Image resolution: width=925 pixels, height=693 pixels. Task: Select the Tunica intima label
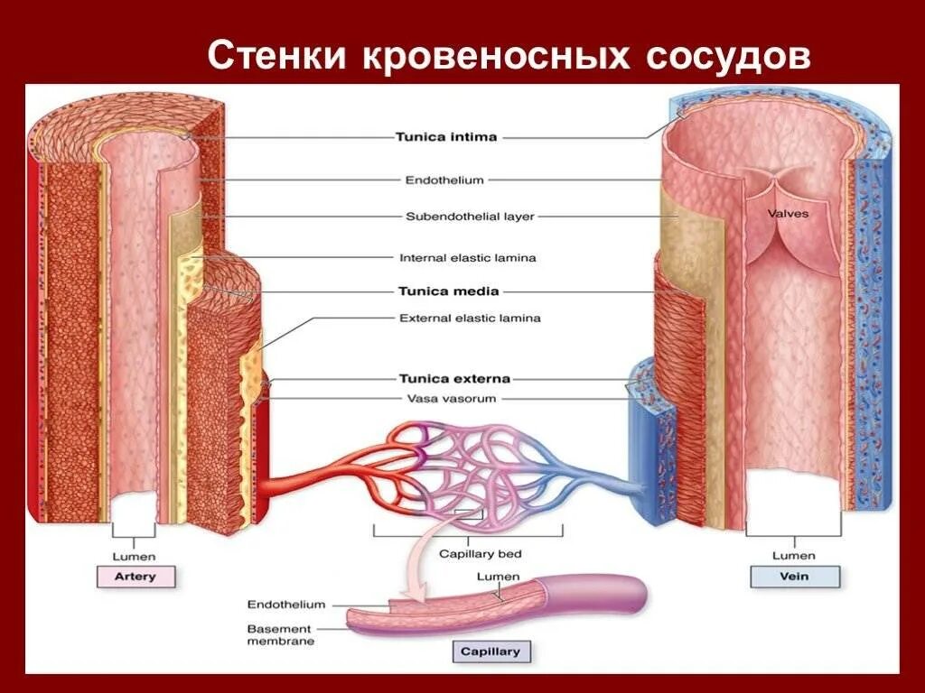pos(446,138)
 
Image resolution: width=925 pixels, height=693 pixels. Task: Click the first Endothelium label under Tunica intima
pos(444,180)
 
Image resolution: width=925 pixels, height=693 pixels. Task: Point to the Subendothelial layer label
pos(470,217)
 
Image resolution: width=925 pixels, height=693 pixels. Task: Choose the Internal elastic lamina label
pos(467,258)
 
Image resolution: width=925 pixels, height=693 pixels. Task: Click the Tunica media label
pos(448,291)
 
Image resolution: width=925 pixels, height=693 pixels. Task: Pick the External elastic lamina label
pos(470,318)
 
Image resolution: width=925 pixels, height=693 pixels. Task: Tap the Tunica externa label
pos(454,379)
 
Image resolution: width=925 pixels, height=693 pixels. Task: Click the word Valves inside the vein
pos(788,214)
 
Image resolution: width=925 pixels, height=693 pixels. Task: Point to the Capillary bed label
pos(480,554)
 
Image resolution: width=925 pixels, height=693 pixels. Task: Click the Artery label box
pos(135,577)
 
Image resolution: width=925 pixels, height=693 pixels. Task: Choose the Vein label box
pos(794,577)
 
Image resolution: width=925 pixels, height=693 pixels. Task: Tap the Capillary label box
pos(491,651)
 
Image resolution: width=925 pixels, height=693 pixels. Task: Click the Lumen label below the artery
pos(135,556)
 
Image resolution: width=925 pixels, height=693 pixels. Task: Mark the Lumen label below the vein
pos(794,556)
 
